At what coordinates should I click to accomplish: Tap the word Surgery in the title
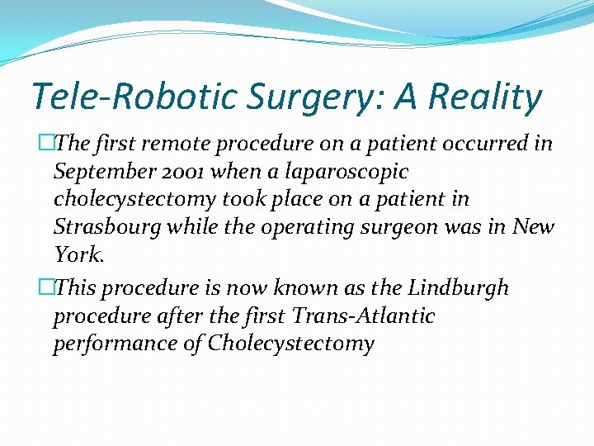[290, 97]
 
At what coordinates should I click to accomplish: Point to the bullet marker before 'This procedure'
[46, 288]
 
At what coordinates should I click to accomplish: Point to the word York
[78, 254]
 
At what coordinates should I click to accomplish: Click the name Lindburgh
[457, 288]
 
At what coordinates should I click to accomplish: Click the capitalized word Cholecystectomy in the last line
[291, 344]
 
